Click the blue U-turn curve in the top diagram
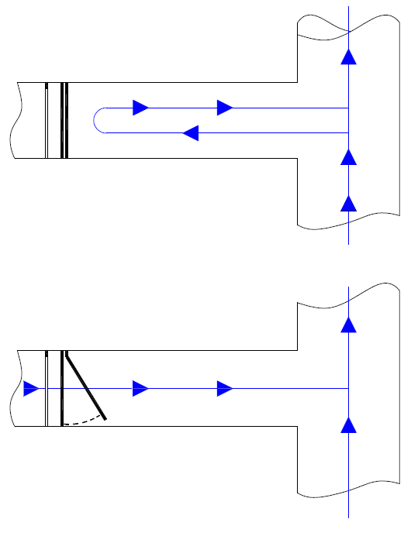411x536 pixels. [95, 120]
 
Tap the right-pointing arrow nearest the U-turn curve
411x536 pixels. [140, 108]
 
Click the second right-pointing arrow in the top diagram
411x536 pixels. [225, 108]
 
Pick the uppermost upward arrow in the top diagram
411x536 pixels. [349, 57]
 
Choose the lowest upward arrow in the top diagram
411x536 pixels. [349, 203]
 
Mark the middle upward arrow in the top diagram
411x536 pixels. [349, 157]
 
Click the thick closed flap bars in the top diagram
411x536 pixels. [64, 120]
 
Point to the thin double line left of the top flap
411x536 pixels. [47, 120]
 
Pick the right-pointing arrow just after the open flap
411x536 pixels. [140, 388]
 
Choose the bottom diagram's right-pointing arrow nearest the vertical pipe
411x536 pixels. [225, 388]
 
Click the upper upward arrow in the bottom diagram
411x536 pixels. [349, 325]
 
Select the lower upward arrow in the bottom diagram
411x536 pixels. [349, 424]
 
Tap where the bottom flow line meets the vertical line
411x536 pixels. [349, 388]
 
